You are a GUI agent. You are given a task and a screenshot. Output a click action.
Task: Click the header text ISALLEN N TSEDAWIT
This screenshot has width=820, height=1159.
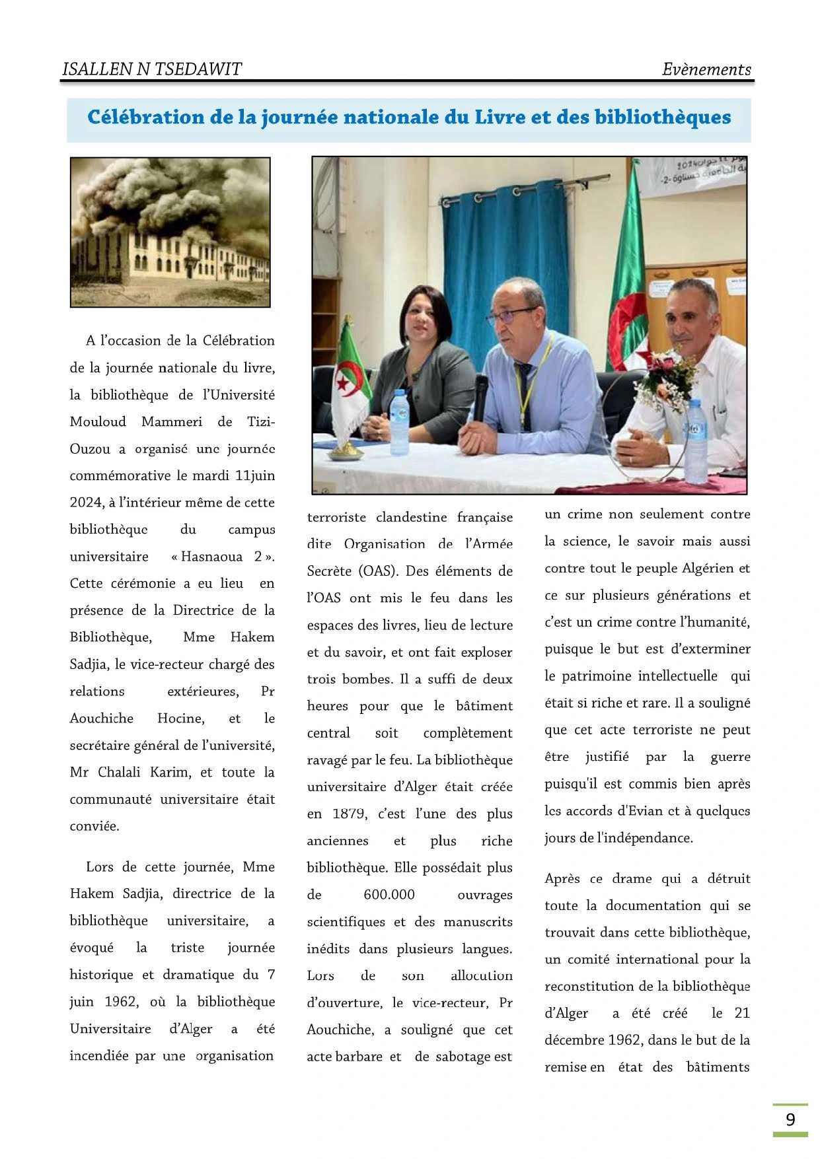coord(151,69)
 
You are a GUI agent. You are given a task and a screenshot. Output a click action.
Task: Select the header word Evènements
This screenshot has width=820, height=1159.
coord(706,69)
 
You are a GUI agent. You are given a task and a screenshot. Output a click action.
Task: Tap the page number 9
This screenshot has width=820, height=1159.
coord(790,1119)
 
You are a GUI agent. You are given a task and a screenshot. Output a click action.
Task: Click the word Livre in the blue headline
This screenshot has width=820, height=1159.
coord(501,118)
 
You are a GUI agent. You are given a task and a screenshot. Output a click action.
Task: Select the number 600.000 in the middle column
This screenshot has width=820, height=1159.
coord(389,895)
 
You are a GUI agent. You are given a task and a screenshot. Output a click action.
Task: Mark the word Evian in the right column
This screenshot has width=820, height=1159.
coord(640,811)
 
